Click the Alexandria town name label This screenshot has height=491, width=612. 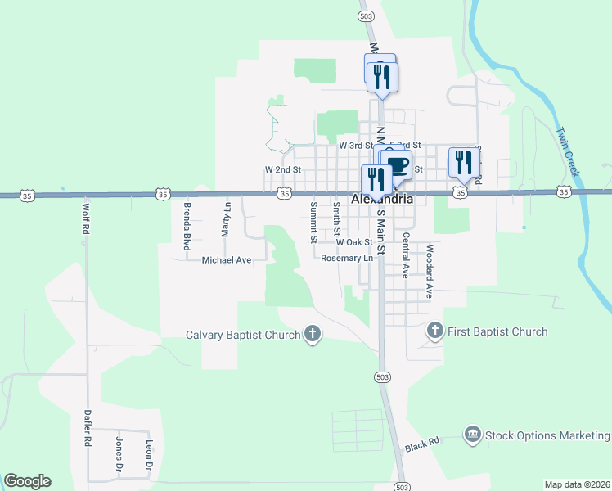(380, 199)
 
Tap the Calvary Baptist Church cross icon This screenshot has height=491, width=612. (312, 333)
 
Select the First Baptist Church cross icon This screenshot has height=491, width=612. (434, 331)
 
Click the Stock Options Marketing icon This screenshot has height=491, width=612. (472, 435)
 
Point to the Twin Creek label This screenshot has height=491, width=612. (566, 151)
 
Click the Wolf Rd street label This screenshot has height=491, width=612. (84, 220)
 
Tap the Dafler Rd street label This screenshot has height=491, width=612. (87, 427)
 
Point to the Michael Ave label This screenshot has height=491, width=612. (227, 260)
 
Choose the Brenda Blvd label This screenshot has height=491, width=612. (187, 225)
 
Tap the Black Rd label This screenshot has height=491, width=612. (422, 444)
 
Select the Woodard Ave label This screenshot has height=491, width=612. (428, 269)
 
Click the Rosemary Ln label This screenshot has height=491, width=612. (347, 258)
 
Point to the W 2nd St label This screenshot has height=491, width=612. (283, 169)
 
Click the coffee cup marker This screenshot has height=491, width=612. (397, 164)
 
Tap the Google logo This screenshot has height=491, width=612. (27, 481)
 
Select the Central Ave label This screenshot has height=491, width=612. (405, 255)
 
